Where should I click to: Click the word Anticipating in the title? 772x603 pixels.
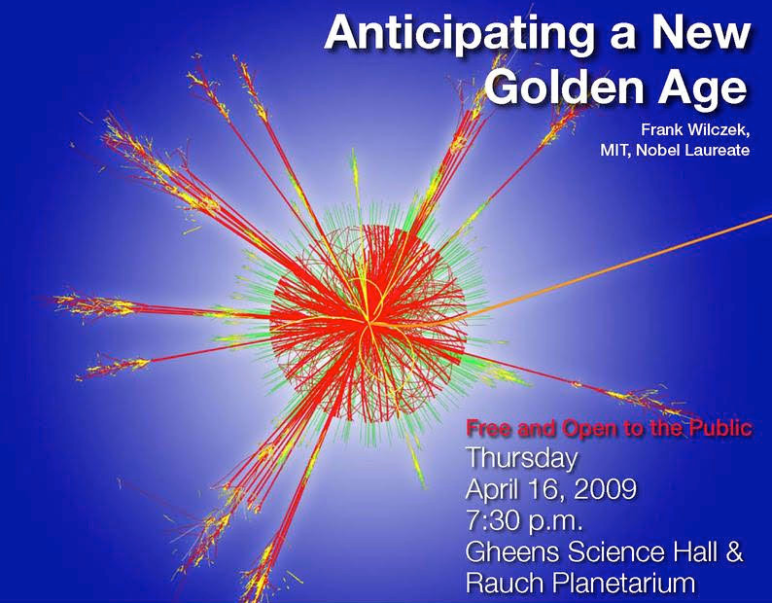pyautogui.click(x=459, y=34)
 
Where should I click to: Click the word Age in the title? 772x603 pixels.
pyautogui.click(x=703, y=89)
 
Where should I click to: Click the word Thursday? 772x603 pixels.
pyautogui.click(x=521, y=458)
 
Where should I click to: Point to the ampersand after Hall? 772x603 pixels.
pyautogui.click(x=734, y=551)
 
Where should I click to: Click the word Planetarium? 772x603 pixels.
pyautogui.click(x=624, y=583)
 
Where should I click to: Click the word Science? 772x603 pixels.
pyautogui.click(x=615, y=551)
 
